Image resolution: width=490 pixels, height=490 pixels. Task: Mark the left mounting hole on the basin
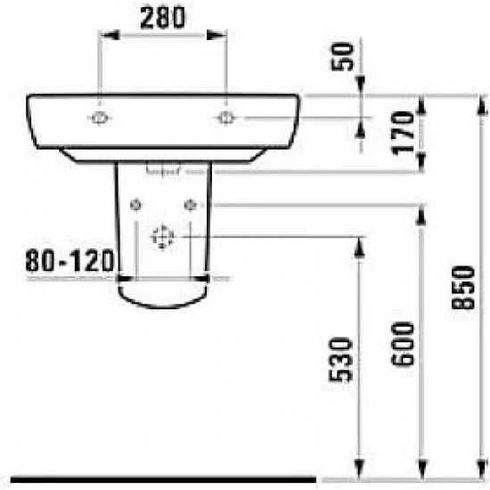pos(100,118)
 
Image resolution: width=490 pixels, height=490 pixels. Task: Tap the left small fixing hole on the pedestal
pos(135,205)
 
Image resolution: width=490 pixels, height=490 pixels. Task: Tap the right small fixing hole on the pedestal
pos(189,205)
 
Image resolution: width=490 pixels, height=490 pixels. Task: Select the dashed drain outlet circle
pos(162,237)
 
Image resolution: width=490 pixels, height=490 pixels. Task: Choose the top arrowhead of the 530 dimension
pos(361,244)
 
